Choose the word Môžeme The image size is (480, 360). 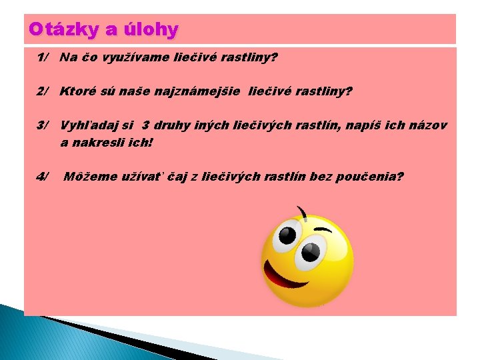(x=89, y=177)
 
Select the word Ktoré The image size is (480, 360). (x=77, y=91)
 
